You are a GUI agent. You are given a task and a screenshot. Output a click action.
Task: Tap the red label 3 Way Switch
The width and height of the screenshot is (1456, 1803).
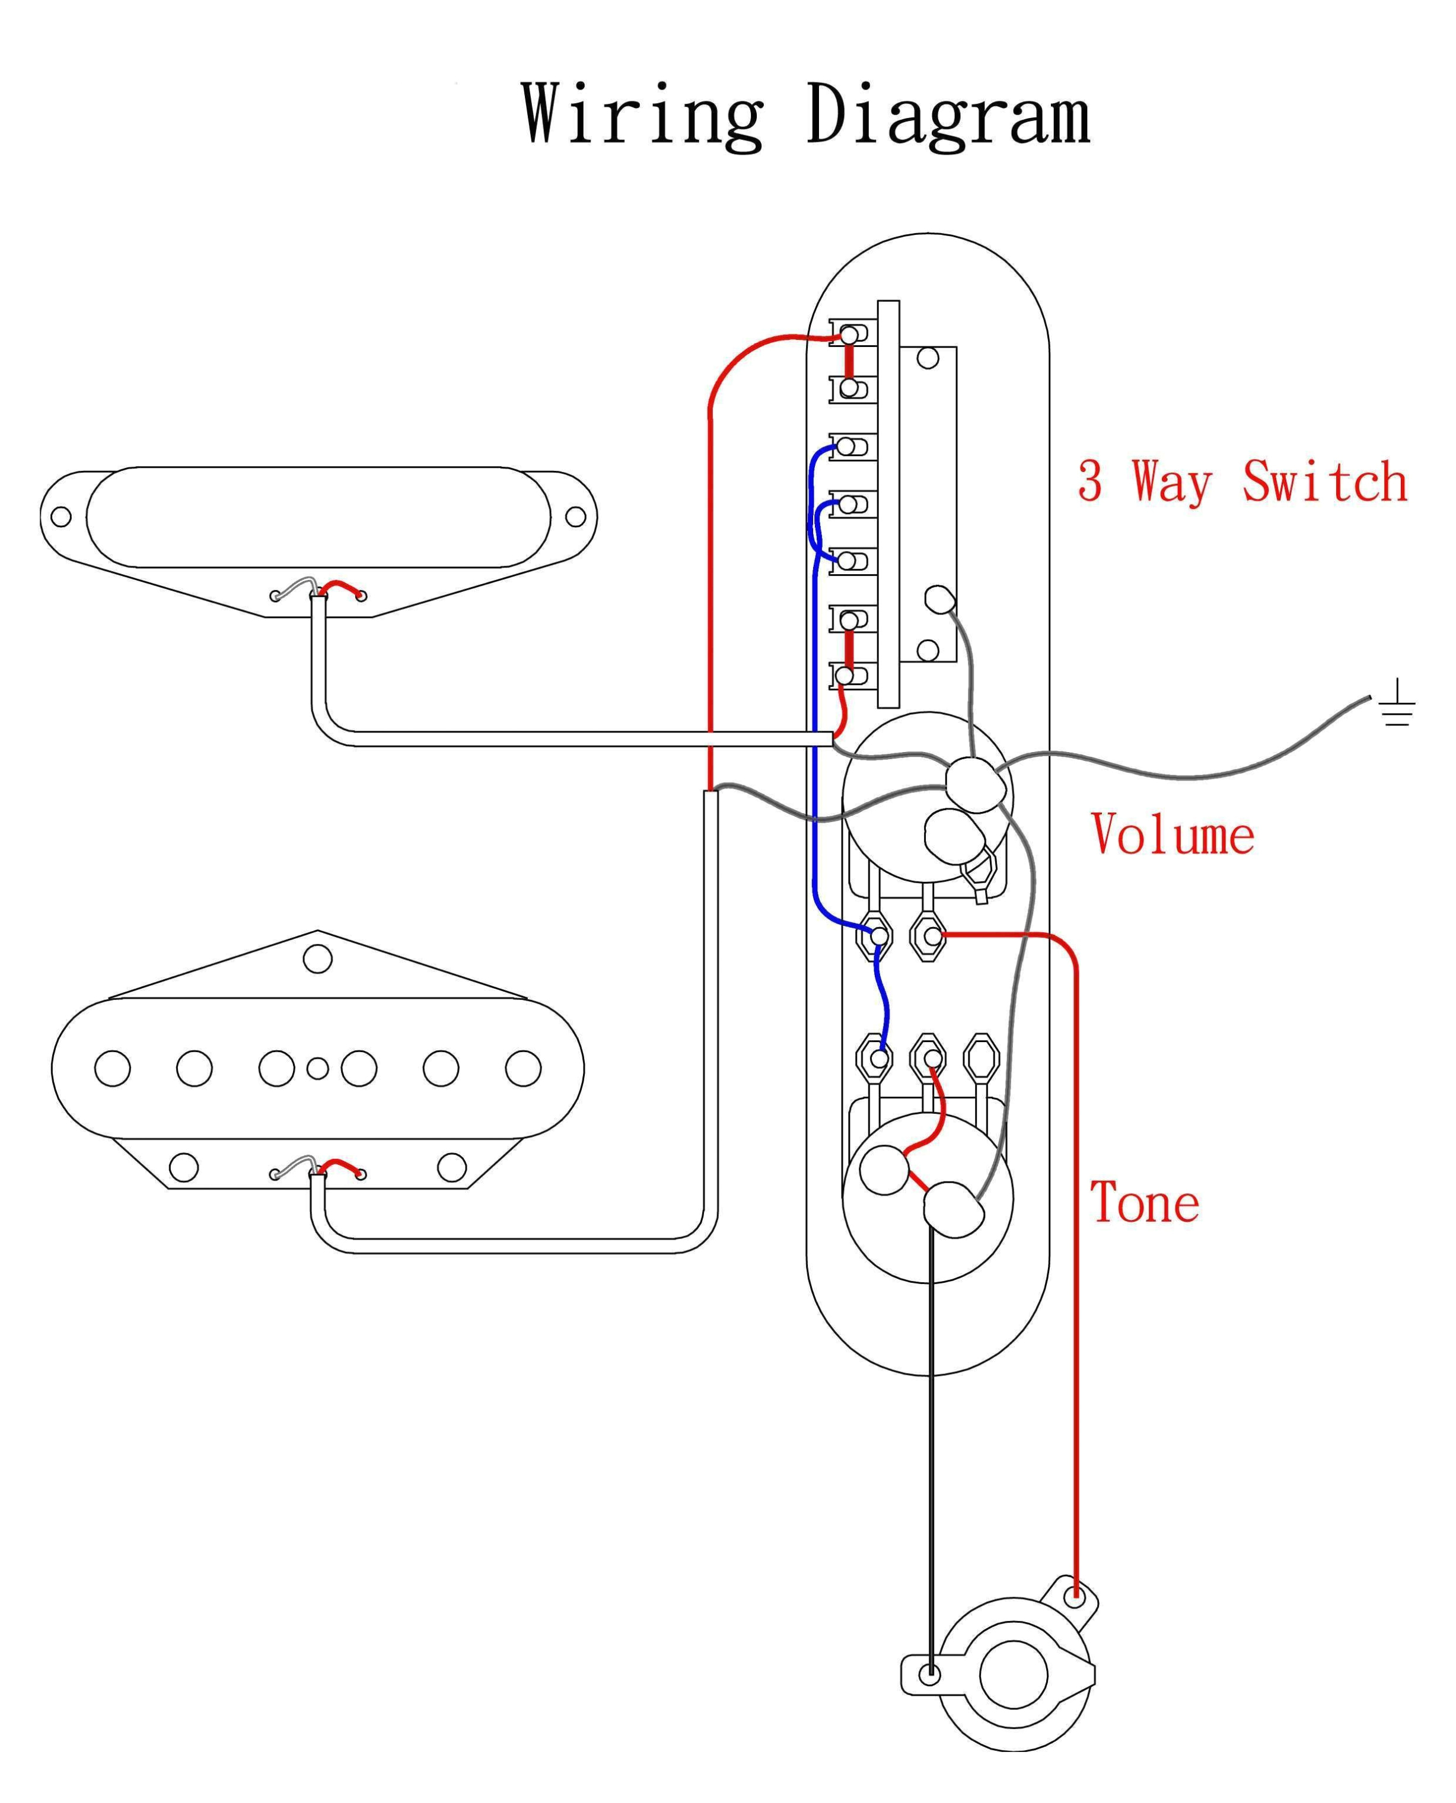1242,482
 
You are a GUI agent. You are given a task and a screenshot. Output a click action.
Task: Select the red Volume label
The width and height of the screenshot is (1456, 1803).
1173,834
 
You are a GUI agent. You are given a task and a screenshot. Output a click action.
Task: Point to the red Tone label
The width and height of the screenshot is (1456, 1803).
1144,1203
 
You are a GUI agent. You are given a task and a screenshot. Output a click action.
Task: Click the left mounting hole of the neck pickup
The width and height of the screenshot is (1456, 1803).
61,516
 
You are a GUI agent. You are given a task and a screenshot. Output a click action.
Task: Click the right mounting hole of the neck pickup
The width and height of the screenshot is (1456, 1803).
575,516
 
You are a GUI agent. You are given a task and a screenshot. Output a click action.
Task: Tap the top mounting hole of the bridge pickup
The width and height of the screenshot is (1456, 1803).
317,958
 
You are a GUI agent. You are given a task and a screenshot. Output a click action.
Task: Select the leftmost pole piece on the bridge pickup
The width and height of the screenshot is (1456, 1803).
112,1068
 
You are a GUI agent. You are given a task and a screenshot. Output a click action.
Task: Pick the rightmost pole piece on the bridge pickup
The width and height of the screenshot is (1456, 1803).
523,1068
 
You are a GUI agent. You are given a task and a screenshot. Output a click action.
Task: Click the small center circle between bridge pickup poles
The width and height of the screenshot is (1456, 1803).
317,1068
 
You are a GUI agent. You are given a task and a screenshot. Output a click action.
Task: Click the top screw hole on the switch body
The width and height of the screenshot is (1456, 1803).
928,358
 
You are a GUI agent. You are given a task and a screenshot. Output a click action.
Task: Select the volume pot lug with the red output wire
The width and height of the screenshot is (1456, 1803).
928,935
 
